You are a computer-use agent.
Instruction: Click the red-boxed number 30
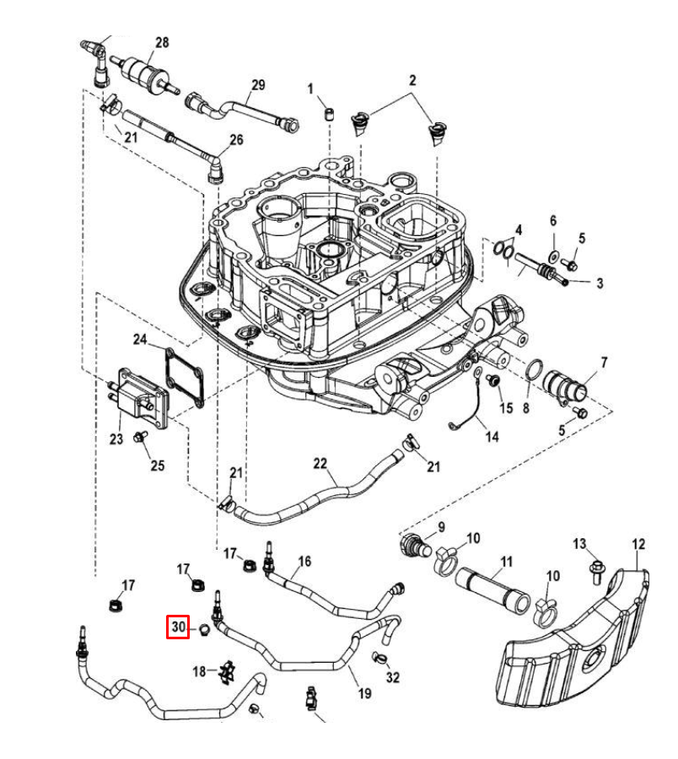click(x=179, y=627)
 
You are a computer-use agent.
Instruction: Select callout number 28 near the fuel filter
click(x=162, y=43)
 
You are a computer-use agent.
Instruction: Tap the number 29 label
click(x=258, y=84)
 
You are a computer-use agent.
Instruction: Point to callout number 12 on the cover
click(x=638, y=544)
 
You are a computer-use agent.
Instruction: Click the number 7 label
click(x=604, y=362)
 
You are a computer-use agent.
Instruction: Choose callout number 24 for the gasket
click(x=140, y=339)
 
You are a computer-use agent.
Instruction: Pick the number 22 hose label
click(x=320, y=463)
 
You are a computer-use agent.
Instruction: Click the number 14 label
click(x=492, y=437)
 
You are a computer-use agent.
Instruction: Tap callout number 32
click(x=392, y=676)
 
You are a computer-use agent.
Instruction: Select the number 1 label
click(x=310, y=89)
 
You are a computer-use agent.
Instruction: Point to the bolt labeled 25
click(x=140, y=436)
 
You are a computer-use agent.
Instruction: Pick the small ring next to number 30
click(x=205, y=630)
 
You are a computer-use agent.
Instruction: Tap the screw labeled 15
click(x=493, y=380)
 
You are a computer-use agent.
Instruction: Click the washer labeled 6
click(x=553, y=255)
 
